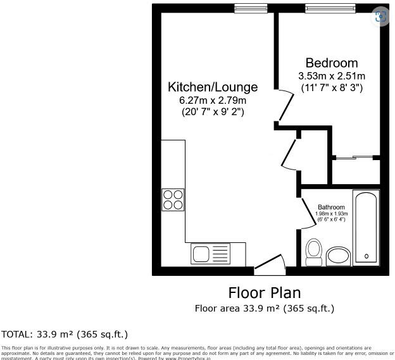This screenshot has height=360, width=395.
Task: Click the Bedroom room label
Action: pos(331,63)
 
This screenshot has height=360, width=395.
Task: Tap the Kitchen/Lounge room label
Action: pos(213,87)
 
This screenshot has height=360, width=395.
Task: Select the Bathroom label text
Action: pos(331,208)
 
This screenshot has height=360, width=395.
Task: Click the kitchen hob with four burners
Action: pos(173,199)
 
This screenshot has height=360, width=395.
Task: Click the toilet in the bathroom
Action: pos(313,252)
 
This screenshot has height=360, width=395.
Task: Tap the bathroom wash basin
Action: pos(338,256)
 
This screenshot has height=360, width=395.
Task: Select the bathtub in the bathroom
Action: pos(367,227)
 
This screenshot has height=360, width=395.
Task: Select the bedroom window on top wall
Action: pos(330,8)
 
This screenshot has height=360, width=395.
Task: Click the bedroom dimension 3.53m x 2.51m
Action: pos(332,76)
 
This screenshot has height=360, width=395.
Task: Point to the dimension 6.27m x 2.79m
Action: pos(213,100)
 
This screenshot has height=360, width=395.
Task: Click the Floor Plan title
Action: pos(264,293)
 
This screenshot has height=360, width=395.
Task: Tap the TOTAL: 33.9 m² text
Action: pos(65,334)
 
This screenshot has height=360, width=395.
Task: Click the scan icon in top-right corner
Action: pos(380,17)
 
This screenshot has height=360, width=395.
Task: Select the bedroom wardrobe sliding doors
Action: pos(355,156)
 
